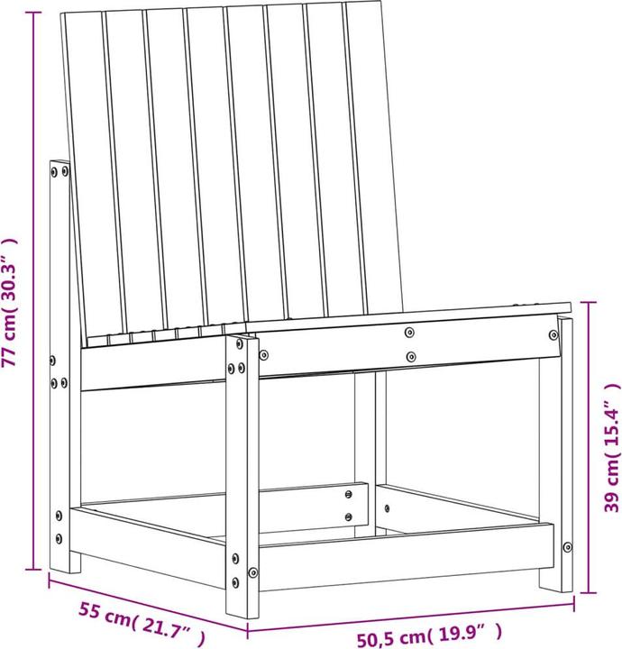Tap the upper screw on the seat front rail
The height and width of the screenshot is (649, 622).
pos(410,331)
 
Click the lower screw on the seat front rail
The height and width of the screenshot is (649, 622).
pos(410,357)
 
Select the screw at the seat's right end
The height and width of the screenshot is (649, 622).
pos(553,334)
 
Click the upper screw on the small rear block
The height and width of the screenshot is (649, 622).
pos(349,493)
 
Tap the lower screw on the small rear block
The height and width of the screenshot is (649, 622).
pos(349,516)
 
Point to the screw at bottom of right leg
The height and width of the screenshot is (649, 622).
pos(566,545)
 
